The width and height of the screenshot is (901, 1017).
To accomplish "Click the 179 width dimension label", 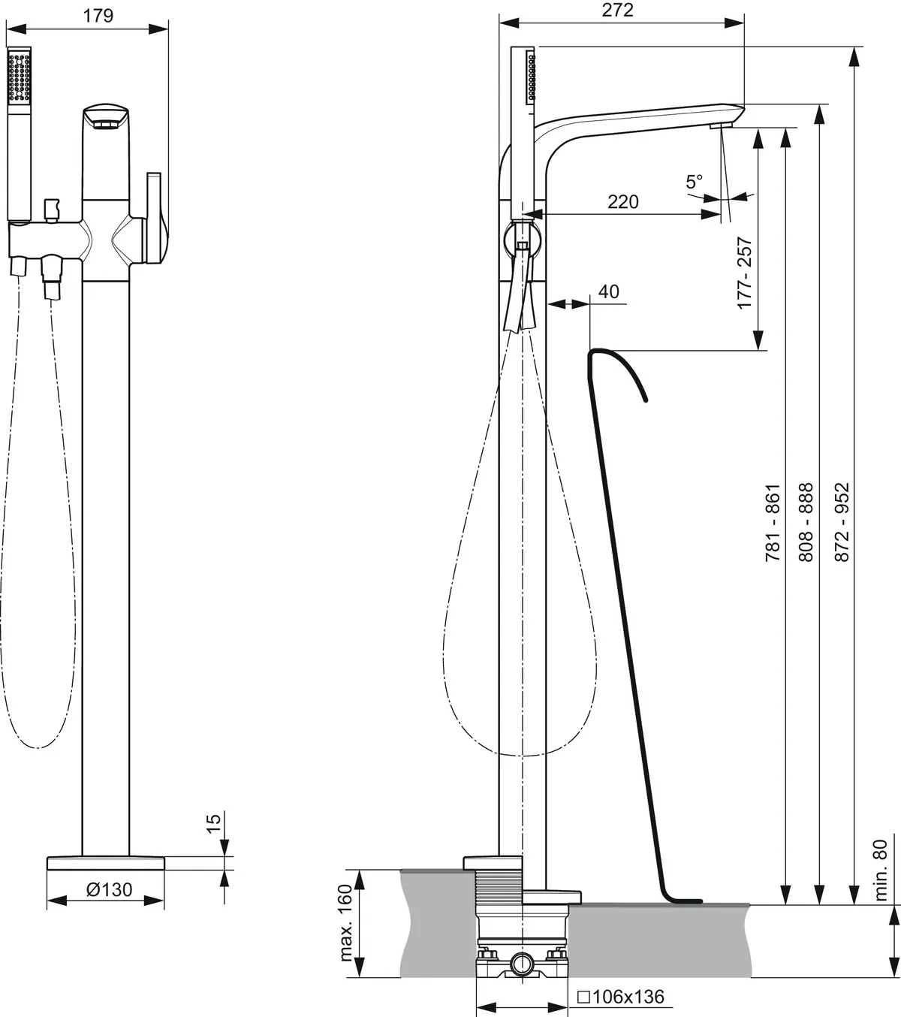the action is [x=98, y=16].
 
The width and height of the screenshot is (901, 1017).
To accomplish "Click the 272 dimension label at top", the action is [x=617, y=10].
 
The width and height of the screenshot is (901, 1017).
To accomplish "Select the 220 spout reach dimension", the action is [x=623, y=202].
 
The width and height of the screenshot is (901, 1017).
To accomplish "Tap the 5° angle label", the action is [x=695, y=181].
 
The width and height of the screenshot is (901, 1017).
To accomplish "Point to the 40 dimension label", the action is [x=609, y=291].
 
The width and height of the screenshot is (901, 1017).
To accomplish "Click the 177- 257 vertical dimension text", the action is [x=745, y=273].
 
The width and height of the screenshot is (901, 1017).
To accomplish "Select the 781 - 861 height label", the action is [x=773, y=523].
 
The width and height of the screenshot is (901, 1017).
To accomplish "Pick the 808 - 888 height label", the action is [x=805, y=523].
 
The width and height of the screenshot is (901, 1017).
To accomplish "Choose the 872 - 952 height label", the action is [x=842, y=523].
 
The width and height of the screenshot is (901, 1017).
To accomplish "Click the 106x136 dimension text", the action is [x=621, y=997].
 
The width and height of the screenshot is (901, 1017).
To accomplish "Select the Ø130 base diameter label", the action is [x=109, y=889].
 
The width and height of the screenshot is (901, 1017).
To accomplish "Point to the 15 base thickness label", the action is [x=214, y=824].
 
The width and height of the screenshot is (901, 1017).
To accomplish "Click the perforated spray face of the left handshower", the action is [x=19, y=75].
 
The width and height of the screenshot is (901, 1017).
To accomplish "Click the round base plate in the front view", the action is [x=105, y=863].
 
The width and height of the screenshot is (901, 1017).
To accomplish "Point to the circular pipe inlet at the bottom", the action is [x=522, y=962].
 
